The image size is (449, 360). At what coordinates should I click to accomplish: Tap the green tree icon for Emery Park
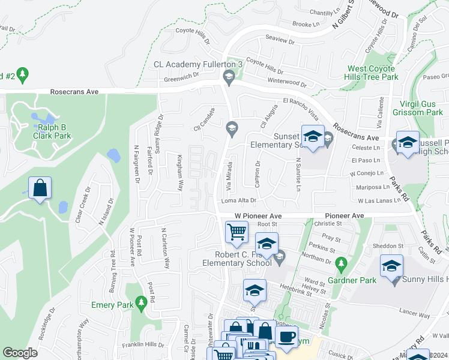pos(142,302)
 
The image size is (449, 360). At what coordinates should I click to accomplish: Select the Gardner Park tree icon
pos(341,263)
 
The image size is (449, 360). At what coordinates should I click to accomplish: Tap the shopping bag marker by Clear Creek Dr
pos(40,187)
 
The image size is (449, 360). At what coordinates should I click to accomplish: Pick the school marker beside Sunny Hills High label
pos(392,265)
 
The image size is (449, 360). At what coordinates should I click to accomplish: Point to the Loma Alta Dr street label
pos(239,201)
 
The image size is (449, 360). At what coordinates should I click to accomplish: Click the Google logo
pos(20,353)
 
